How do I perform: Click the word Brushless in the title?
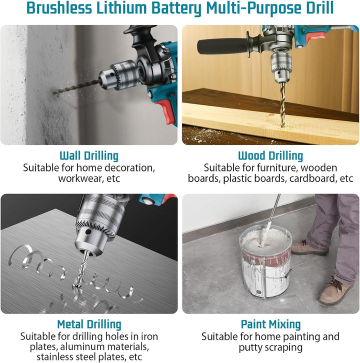pos(59,8)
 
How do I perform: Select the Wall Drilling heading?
pos(89,156)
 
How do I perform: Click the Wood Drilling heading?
pos(270,156)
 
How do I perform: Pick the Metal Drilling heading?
pos(89,324)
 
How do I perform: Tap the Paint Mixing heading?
pos(270,324)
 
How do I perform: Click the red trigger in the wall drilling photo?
pos(166,111)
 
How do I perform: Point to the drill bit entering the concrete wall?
pos(77,86)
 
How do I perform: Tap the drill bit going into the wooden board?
pos(282,104)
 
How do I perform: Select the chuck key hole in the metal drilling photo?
pos(87,231)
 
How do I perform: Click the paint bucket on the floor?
pos(266,261)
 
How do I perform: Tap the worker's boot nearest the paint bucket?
pos(309,248)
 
